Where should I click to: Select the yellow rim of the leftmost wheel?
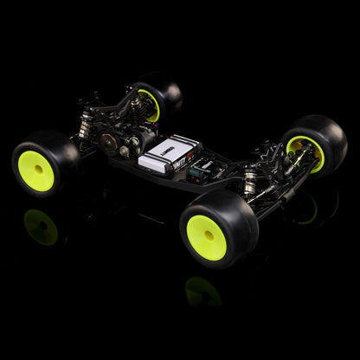[35, 170]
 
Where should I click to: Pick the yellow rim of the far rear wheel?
[150, 105]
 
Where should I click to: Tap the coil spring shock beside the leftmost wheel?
[84, 125]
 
